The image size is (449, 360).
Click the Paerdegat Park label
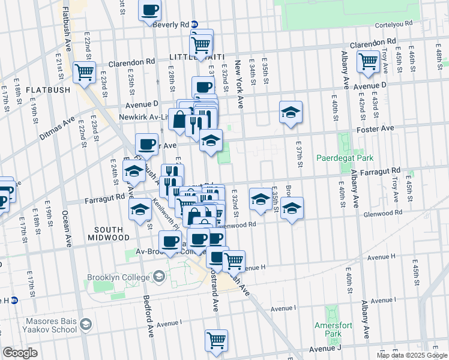pos(345,158)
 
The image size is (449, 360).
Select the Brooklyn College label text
pos(118,277)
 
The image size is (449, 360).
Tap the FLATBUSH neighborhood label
pos(48,90)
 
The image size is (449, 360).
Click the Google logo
pos(20,353)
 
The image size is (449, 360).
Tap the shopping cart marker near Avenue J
pos(216,340)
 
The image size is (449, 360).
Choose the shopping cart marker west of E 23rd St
pos(85,71)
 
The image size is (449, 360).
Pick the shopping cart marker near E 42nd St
pos(367,61)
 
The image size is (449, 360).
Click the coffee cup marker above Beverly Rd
pos(150,10)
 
